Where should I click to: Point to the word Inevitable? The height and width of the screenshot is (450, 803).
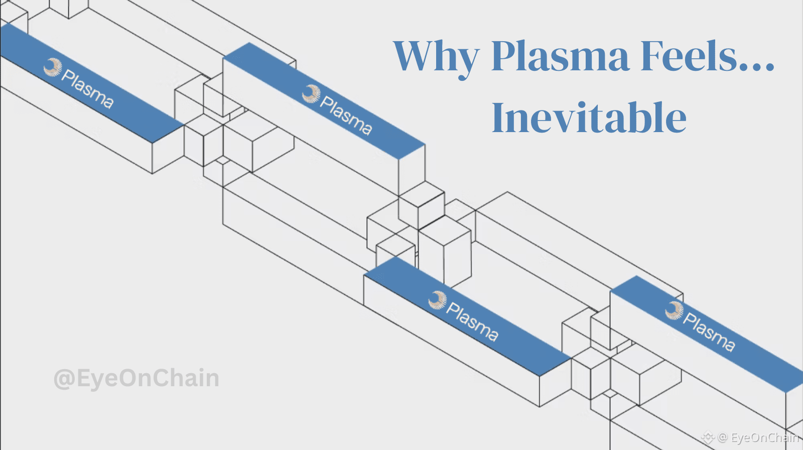[x=589, y=118]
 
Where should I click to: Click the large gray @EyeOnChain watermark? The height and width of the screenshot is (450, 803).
[x=137, y=378]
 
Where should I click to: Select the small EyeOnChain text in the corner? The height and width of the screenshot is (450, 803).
[x=764, y=437]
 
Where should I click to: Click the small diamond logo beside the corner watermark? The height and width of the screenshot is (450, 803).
[x=708, y=437]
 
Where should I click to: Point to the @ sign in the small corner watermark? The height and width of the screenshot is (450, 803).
[x=723, y=437]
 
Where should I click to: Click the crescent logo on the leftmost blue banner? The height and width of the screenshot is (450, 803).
[x=52, y=67]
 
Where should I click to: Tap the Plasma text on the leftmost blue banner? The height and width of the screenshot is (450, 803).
[x=87, y=89]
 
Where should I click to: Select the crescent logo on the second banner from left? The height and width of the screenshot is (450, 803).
[x=311, y=93]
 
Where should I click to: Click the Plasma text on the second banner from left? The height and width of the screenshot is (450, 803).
[x=346, y=116]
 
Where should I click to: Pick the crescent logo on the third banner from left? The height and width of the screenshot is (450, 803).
[x=437, y=300]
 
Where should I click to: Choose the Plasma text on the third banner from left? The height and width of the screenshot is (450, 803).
[x=472, y=322]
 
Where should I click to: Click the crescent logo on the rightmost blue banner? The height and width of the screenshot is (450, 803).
[x=674, y=310]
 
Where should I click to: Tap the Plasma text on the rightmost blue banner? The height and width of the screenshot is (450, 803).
[x=709, y=332]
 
